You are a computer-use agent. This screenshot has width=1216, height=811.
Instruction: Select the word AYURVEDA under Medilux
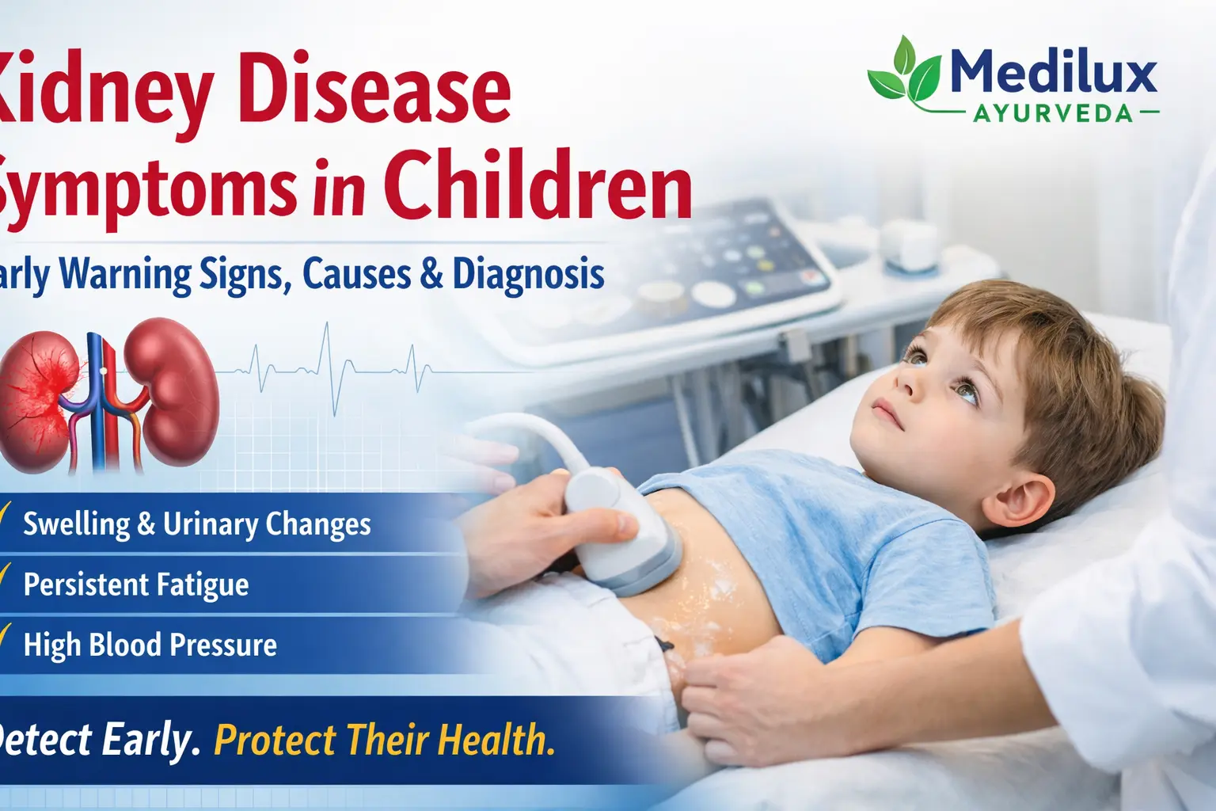(x=1053, y=113)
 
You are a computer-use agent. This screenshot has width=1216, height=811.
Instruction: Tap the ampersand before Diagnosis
(x=431, y=274)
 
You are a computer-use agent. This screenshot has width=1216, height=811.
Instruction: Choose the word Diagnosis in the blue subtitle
(x=528, y=274)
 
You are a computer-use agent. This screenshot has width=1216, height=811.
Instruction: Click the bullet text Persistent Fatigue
(x=135, y=584)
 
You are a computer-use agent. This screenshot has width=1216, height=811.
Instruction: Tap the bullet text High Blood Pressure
(x=150, y=645)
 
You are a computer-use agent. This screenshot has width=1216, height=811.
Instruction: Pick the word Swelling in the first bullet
(x=76, y=524)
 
